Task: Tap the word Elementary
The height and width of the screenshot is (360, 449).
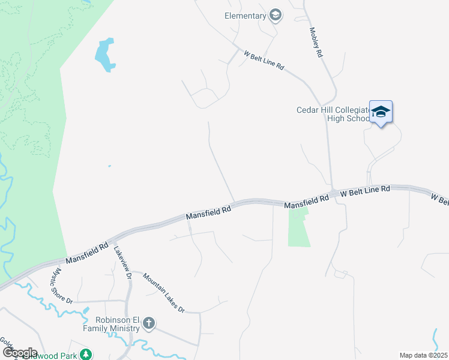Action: pyautogui.click(x=245, y=16)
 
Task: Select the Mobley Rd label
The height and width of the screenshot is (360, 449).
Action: pyautogui.click(x=316, y=43)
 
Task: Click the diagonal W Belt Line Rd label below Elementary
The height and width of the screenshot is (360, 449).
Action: pyautogui.click(x=264, y=61)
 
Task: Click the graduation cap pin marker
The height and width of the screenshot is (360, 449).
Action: pyautogui.click(x=381, y=112)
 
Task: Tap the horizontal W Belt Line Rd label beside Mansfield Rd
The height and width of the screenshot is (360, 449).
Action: pyautogui.click(x=365, y=191)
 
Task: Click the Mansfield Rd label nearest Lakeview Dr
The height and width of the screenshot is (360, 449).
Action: pyautogui.click(x=88, y=253)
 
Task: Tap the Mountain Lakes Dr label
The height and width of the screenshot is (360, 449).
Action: pyautogui.click(x=163, y=293)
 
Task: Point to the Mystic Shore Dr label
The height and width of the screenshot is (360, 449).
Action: pyautogui.click(x=60, y=284)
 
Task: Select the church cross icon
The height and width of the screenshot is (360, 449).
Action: pyautogui.click(x=149, y=325)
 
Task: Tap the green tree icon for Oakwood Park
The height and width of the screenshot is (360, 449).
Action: pyautogui.click(x=86, y=354)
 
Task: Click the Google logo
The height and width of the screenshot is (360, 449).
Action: pyautogui.click(x=20, y=353)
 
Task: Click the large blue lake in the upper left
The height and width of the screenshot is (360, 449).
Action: pyautogui.click(x=105, y=55)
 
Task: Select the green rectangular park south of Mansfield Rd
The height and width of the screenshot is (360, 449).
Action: pyautogui.click(x=299, y=228)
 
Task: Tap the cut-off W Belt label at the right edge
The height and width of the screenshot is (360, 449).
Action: pyautogui.click(x=440, y=199)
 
